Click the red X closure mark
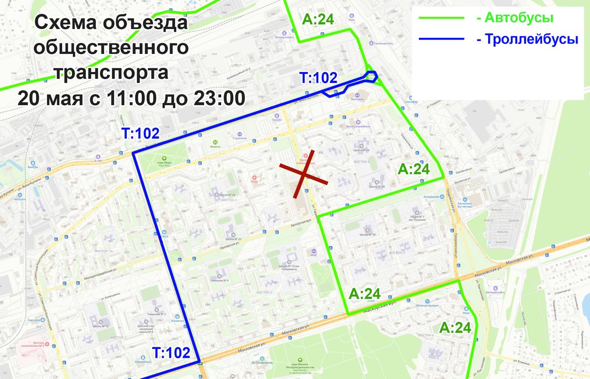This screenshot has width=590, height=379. (x=304, y=174)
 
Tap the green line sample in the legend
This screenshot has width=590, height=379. (x=441, y=18)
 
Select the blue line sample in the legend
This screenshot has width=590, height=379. (x=441, y=39)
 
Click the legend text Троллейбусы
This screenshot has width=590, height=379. (x=527, y=39)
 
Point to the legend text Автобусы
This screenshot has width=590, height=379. (x=515, y=18)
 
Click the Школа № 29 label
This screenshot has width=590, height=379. (x=367, y=235)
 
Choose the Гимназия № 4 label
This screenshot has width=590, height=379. (x=219, y=280)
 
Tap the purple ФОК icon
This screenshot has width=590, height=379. (x=313, y=249)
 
